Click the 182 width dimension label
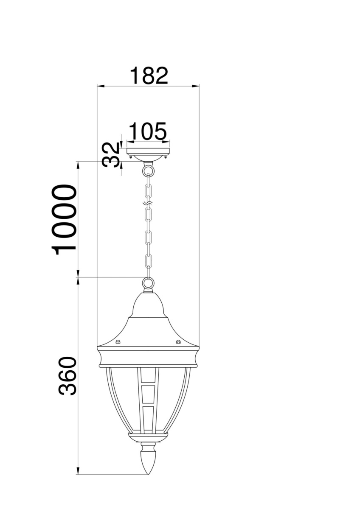click(149, 76)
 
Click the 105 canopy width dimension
click(148, 131)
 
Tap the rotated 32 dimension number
click(111, 154)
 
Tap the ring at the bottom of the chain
click(148, 283)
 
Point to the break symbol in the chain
click(148, 203)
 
